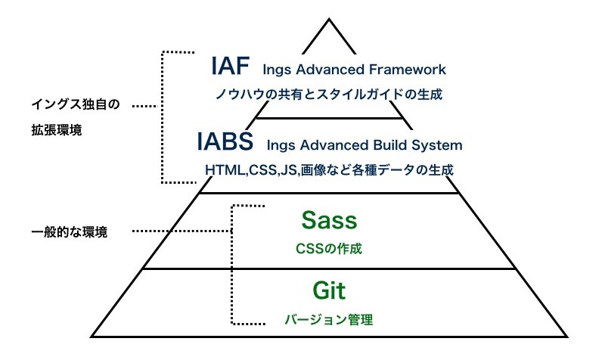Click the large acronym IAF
pyautogui.click(x=230, y=67)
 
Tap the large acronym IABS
pyautogui.click(x=225, y=141)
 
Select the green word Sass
pyautogui.click(x=328, y=220)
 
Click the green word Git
pyautogui.click(x=328, y=290)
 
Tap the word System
pyautogui.click(x=439, y=144)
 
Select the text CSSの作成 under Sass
pyautogui.click(x=328, y=247)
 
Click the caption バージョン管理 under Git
pyautogui.click(x=328, y=319)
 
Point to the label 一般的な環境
pyautogui.click(x=70, y=232)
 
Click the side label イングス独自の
pyautogui.click(x=76, y=105)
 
